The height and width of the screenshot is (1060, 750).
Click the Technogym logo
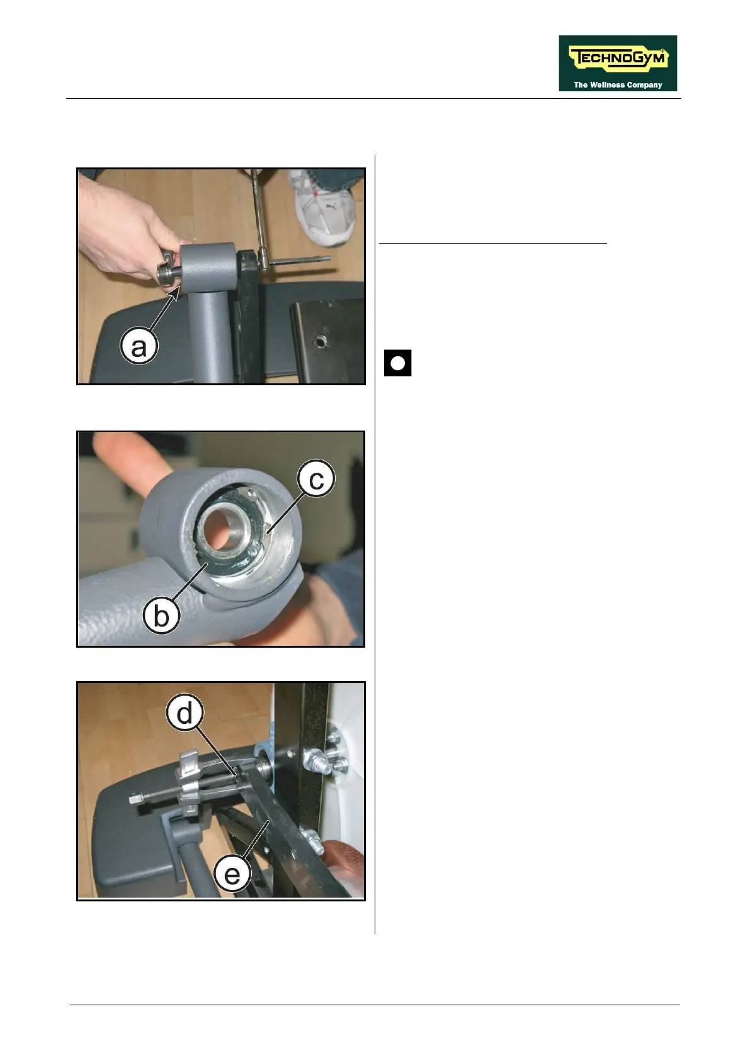[617, 63]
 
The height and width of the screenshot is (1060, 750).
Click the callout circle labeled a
[139, 347]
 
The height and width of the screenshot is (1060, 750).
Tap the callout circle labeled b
[161, 616]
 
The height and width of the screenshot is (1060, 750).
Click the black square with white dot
[398, 363]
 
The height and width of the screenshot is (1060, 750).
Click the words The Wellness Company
[618, 85]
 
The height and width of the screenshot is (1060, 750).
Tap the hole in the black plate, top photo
[322, 341]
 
